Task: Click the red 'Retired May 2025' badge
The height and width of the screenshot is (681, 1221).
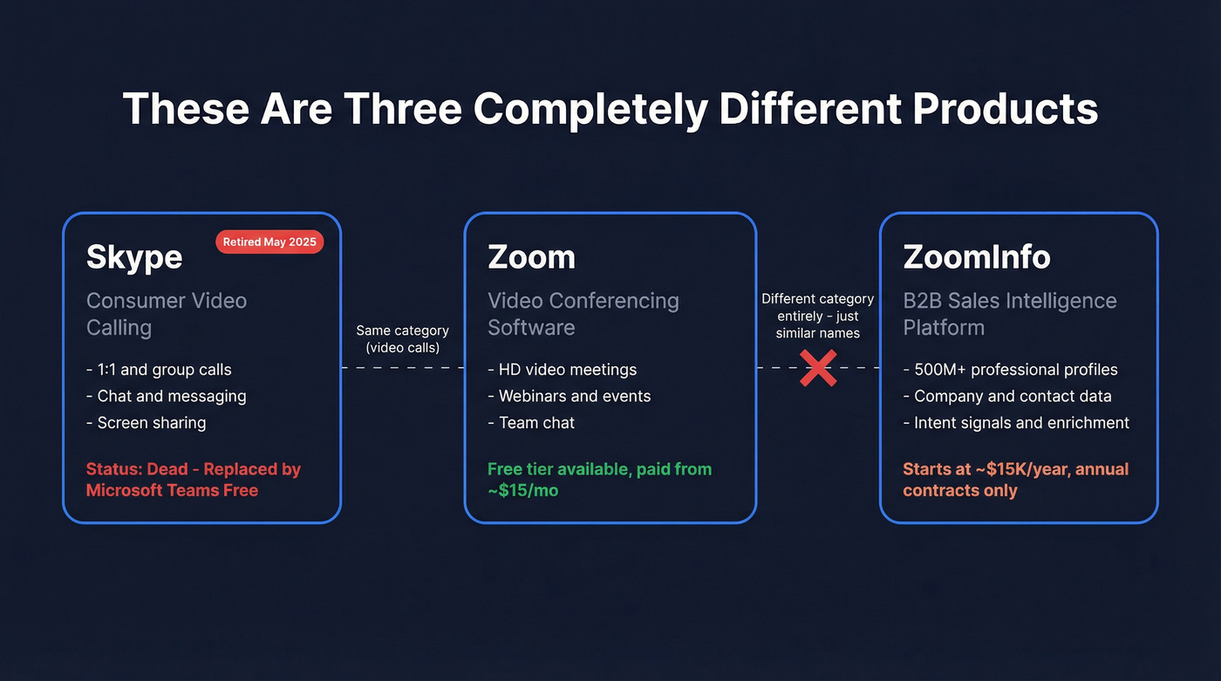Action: click(269, 242)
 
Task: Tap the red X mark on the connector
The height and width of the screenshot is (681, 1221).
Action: click(818, 368)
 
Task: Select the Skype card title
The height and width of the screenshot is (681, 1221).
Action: click(134, 257)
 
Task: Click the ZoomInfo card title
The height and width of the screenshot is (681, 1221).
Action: click(976, 257)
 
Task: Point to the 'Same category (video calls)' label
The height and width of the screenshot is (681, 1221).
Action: click(402, 339)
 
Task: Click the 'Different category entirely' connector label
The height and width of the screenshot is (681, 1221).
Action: click(818, 316)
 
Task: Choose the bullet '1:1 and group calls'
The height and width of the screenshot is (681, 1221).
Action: click(159, 370)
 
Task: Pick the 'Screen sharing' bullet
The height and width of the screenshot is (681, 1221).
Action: click(147, 423)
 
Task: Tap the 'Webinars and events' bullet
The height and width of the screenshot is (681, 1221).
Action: click(569, 396)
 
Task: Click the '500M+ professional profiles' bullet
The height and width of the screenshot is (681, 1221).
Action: click(1010, 370)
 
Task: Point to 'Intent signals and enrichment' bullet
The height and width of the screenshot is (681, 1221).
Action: click(1016, 423)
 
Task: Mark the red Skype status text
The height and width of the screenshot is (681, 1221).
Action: click(193, 480)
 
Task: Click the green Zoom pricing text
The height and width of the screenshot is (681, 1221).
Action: click(599, 480)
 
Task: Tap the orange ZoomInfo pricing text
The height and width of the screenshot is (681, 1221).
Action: click(1015, 480)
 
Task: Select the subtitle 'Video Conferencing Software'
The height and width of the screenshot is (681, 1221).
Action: click(583, 314)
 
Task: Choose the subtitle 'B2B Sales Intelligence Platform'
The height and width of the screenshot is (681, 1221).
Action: click(1009, 314)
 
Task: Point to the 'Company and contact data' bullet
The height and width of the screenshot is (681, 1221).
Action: click(1007, 396)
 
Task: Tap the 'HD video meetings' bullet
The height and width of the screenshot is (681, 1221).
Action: click(562, 370)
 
